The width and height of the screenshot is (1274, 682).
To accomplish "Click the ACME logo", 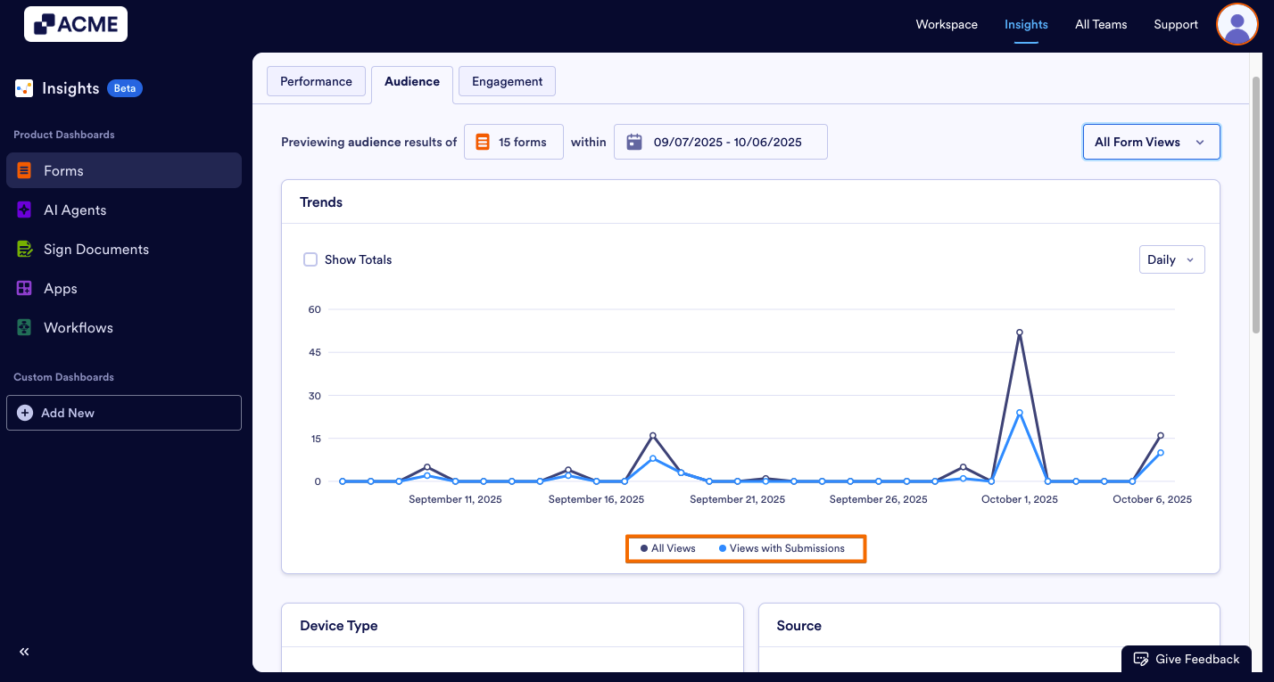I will point(76,24).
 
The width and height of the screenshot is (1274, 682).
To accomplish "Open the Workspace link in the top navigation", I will point(947,24).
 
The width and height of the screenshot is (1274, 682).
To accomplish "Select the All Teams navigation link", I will point(1101,24).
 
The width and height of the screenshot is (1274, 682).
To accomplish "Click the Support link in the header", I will point(1175,24).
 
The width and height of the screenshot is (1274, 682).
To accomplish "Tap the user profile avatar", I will point(1237,24).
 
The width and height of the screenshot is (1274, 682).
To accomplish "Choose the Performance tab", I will point(316,81).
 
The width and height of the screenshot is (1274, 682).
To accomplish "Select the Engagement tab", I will point(507,81).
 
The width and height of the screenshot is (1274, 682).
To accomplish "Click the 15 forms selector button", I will point(513,142).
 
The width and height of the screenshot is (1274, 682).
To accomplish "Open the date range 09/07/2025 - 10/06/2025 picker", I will point(720,142).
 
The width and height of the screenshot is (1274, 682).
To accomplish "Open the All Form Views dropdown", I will point(1151,142).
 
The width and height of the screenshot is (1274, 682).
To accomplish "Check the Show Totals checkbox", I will point(310,259).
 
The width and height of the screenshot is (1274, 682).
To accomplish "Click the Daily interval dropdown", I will point(1171,259).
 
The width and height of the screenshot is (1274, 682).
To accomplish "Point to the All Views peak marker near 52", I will point(1019,333).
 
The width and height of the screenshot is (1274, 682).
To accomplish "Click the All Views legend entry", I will point(668,548).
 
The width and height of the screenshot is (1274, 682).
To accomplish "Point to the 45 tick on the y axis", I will point(314,352).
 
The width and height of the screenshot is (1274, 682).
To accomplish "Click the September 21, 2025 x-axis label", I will point(737,499).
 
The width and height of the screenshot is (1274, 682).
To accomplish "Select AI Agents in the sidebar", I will point(75,210).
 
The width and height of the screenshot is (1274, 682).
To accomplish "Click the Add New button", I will point(124,413).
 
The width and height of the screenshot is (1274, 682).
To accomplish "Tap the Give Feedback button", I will point(1187,659).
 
